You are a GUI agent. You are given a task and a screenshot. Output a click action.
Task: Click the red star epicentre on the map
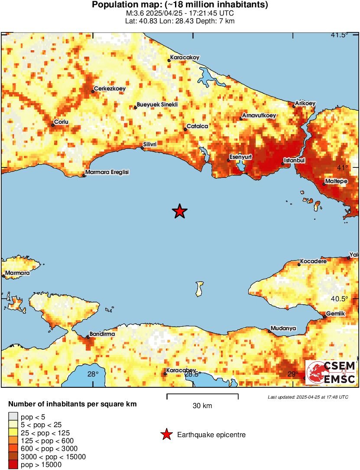179,211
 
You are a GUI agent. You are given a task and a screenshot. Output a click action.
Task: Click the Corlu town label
61,122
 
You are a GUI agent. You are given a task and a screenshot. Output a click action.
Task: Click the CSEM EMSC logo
331,373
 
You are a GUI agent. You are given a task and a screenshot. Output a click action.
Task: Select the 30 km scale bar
202,396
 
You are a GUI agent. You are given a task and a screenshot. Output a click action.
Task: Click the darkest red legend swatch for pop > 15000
13,465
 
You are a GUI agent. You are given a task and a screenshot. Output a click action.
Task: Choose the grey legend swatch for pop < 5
13,417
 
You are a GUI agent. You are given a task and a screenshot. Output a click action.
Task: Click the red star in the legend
166,435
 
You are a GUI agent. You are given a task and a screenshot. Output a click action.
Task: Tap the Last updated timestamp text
308,397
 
